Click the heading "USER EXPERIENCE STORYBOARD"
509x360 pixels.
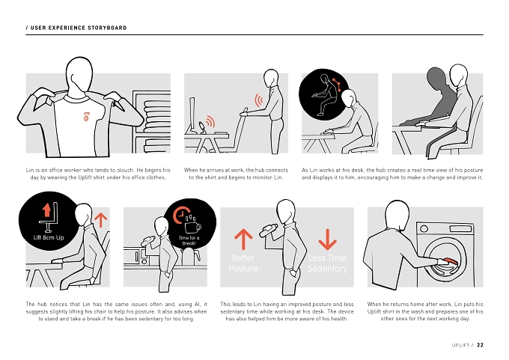click(x=79, y=28)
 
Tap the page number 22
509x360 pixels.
click(x=480, y=345)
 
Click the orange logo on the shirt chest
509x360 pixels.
click(x=86, y=117)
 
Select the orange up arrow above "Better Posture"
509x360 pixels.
click(x=243, y=240)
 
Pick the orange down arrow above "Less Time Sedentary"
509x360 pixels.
click(x=328, y=240)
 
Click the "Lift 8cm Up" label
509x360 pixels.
click(x=49, y=237)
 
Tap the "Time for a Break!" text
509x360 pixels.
click(x=189, y=240)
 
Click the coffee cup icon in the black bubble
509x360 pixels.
click(x=193, y=227)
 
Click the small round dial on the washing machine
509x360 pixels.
click(x=424, y=228)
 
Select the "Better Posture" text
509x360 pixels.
click(x=243, y=263)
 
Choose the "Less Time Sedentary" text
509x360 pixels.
click(x=328, y=263)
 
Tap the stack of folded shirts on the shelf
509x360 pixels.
click(x=157, y=116)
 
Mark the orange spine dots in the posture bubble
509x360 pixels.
click(x=337, y=85)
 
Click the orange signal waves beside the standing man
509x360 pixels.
click(x=259, y=100)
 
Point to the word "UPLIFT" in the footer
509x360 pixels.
click(x=460, y=345)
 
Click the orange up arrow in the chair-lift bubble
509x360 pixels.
click(x=46, y=210)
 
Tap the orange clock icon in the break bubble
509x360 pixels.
click(x=180, y=215)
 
